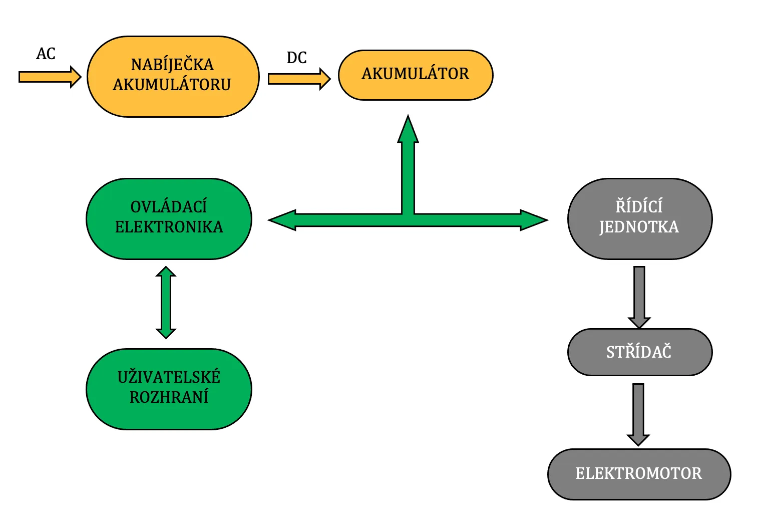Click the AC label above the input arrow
coord(46,54)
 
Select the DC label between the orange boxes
coord(296,58)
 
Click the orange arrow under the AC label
coord(50,77)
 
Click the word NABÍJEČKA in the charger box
coord(172,65)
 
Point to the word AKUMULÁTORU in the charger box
coord(172,85)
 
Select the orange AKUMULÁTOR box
coord(416,75)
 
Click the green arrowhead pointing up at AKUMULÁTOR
coord(408,130)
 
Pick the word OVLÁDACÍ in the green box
coord(169,207)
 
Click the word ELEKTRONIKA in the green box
coord(169,227)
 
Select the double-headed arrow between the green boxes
coord(166,303)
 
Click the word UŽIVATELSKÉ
coord(169,377)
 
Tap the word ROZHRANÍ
coord(169,397)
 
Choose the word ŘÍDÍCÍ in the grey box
coord(639,206)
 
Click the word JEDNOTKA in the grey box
coord(639,227)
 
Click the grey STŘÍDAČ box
coord(639,352)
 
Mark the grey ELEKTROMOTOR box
coord(639,474)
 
